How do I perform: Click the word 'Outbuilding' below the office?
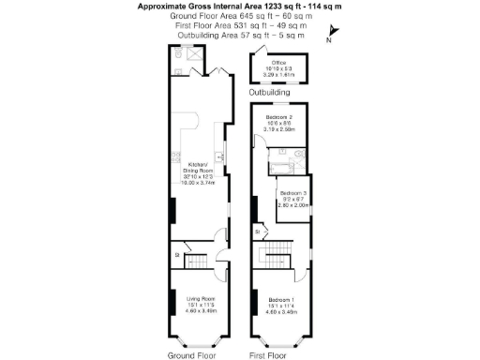[x=269, y=93]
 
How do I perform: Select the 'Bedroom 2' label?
[x=278, y=117]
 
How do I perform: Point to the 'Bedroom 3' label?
[x=294, y=193]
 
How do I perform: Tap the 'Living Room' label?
[x=197, y=298]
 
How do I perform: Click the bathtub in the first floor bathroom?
[x=279, y=168]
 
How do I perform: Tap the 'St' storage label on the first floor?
[x=256, y=231]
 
